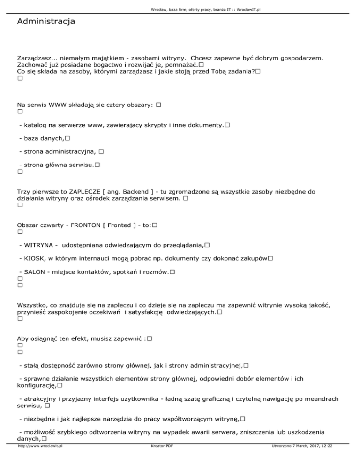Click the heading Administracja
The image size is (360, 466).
tap(45, 22)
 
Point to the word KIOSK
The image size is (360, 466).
tap(30, 258)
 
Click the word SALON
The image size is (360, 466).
tap(30, 272)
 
